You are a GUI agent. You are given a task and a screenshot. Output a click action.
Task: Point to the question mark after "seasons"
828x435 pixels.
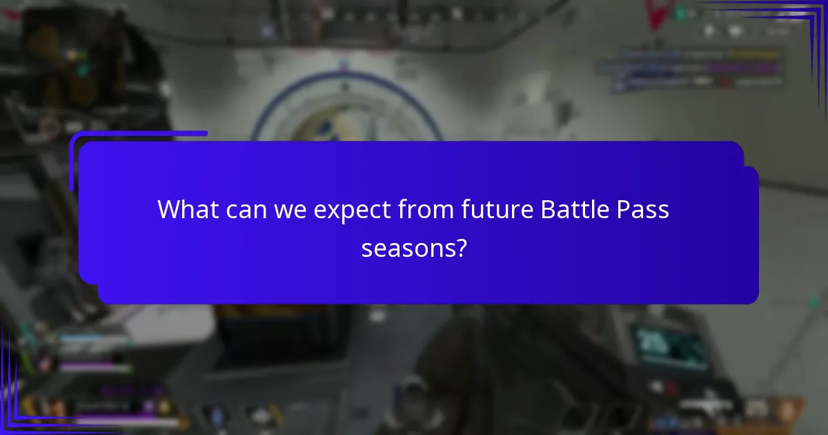point(459,247)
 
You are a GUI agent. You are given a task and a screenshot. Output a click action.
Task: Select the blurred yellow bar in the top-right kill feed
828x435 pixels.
point(756,53)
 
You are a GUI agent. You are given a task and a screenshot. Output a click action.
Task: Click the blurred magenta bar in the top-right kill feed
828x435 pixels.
point(752,68)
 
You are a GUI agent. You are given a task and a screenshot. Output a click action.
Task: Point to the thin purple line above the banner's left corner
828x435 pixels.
point(138,134)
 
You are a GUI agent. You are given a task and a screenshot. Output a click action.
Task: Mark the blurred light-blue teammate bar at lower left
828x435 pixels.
point(97,340)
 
